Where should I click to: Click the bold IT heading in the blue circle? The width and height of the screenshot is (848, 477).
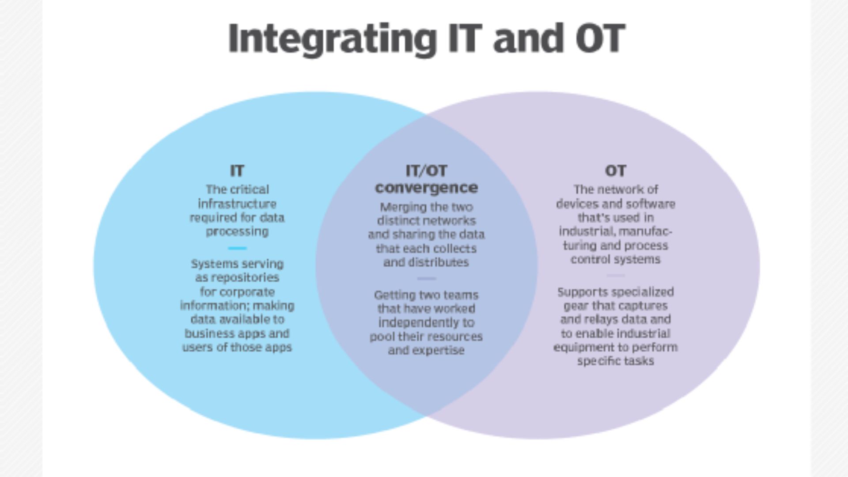coord(237,170)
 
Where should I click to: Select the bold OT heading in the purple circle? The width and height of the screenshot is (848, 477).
coord(615,170)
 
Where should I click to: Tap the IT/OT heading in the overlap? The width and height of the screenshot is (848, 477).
coord(426,170)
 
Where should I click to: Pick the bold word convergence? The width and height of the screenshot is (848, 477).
coord(426,188)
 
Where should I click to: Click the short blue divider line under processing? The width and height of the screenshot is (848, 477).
coord(238,248)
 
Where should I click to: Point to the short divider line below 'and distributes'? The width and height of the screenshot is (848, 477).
coord(426,279)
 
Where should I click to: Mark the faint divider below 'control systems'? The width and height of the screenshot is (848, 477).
coord(615,276)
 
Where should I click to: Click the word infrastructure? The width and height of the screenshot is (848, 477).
coord(237,204)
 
